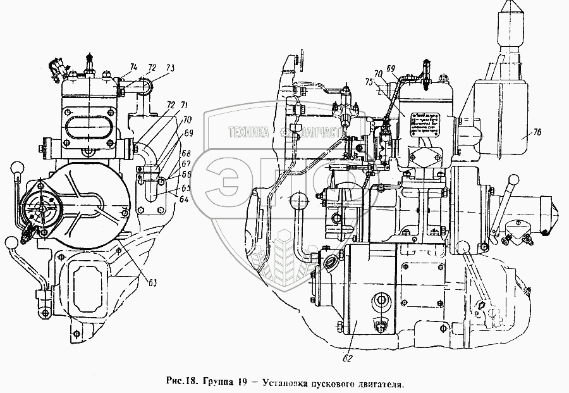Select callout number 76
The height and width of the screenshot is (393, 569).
(x=520, y=132)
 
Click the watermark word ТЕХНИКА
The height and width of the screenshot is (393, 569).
(x=248, y=133)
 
